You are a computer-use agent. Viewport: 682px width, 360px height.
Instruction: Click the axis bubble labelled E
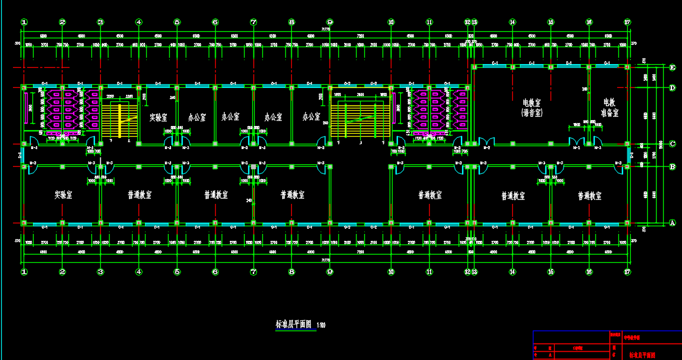coord(673,67)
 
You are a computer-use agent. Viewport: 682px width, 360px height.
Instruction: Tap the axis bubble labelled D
coord(673,88)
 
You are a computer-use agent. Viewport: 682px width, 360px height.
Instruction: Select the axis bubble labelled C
coord(673,143)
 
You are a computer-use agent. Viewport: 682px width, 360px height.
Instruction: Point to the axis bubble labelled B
coord(673,167)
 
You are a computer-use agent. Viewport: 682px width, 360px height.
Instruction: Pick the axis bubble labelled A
coord(673,223)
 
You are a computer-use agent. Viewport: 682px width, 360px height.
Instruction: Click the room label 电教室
coord(532,103)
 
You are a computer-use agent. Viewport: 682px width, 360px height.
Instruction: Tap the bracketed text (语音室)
coord(532,112)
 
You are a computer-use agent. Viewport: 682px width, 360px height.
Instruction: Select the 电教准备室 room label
coord(609,107)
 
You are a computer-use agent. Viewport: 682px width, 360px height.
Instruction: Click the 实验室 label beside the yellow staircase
coord(158,117)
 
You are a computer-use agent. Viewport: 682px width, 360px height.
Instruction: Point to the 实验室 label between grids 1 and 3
coord(63,194)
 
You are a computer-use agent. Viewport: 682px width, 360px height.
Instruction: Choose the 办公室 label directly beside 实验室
coord(196,117)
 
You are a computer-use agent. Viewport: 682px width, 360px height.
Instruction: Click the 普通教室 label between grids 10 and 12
coord(430,194)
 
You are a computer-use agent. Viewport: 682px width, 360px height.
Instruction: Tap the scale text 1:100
coord(321,325)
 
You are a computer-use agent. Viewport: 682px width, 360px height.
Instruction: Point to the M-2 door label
coord(487,148)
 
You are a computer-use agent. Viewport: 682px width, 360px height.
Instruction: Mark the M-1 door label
coord(576,148)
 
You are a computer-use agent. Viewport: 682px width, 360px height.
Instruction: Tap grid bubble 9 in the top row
coord(330,22)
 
